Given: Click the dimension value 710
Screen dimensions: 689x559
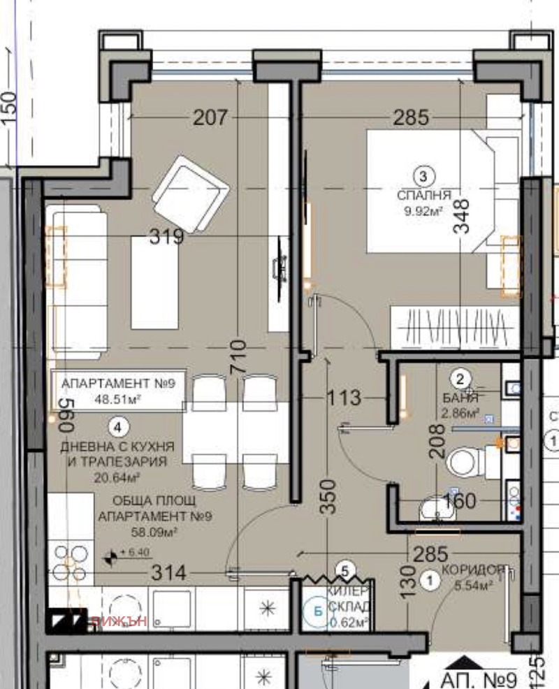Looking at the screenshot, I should pyautogui.click(x=238, y=357).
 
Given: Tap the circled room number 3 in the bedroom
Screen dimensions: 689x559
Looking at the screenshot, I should pyautogui.click(x=423, y=175).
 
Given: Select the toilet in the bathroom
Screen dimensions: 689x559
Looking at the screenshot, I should pyautogui.click(x=463, y=462).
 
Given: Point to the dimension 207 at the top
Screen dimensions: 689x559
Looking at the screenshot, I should pyautogui.click(x=210, y=117).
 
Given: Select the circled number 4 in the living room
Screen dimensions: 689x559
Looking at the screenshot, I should pyautogui.click(x=119, y=426).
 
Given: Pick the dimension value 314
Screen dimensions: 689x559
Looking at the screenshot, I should pyautogui.click(x=168, y=574).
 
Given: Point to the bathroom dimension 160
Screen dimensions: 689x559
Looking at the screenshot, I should pyautogui.click(x=458, y=501).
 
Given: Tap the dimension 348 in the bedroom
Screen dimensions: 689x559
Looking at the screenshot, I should pyautogui.click(x=462, y=219).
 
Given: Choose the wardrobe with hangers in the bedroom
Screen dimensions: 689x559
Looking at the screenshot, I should pyautogui.click(x=453, y=325).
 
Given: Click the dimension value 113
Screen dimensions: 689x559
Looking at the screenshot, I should pyautogui.click(x=344, y=398).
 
